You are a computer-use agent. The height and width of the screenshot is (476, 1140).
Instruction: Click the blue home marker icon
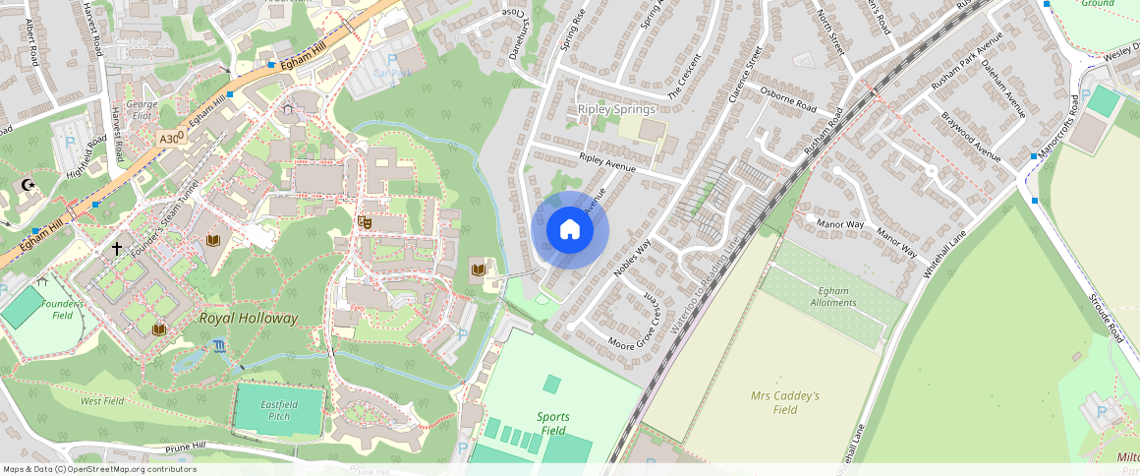(x=570, y=230)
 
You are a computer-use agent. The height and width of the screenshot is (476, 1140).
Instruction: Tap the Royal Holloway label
(x=248, y=319)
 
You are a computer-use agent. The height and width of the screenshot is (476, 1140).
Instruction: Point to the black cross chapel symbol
(x=116, y=249)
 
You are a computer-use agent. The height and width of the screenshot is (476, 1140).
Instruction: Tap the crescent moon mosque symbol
(x=28, y=185)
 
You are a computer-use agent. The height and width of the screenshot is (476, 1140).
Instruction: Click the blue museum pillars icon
(x=217, y=345)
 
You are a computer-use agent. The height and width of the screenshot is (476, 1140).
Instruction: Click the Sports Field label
(x=553, y=424)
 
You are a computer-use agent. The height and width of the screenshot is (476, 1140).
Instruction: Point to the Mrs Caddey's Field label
(x=785, y=402)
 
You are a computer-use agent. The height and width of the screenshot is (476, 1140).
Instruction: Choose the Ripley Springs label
(x=616, y=109)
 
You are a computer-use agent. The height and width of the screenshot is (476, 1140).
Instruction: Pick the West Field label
(x=102, y=401)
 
